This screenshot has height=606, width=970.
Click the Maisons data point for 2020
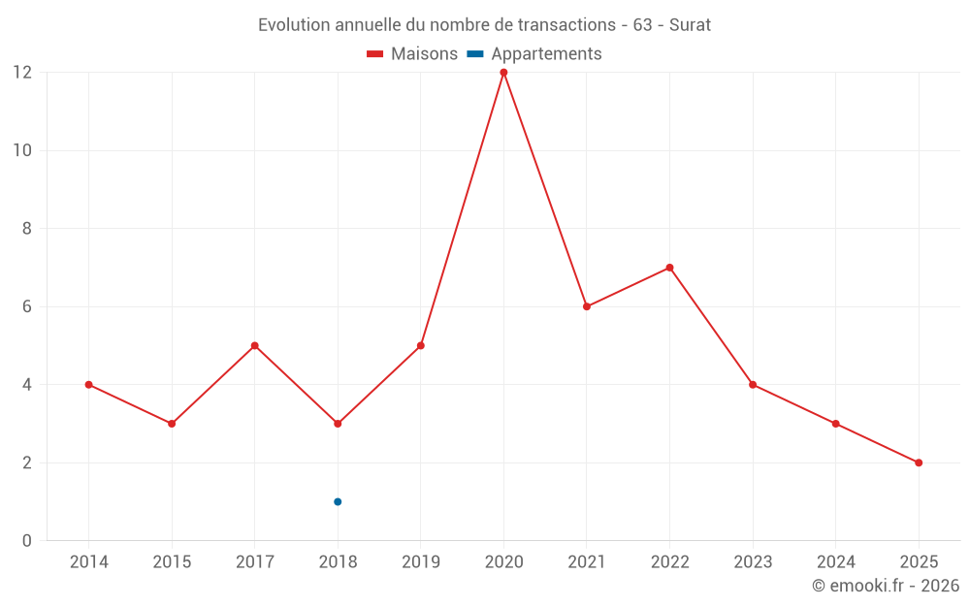503,73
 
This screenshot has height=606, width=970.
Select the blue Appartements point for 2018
338,501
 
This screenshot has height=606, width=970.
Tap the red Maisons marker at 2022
669,268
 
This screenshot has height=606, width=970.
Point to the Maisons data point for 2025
919,462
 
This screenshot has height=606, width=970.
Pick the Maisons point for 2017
254,345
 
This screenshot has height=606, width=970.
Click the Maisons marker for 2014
88,385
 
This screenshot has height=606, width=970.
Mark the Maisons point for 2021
587,306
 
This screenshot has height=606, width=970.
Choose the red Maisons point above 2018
338,424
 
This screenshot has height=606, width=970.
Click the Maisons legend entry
412,54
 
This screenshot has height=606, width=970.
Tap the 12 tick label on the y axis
21,73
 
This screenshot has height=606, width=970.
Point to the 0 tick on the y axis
27,540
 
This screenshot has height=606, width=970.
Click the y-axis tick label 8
27,229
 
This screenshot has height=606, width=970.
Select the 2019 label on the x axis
421,562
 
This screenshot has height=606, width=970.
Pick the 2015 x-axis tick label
172,562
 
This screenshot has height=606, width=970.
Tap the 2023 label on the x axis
753,562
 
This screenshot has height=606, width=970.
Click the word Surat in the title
690,25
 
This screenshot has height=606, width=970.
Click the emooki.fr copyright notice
886,586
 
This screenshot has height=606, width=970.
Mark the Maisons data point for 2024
835,424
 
